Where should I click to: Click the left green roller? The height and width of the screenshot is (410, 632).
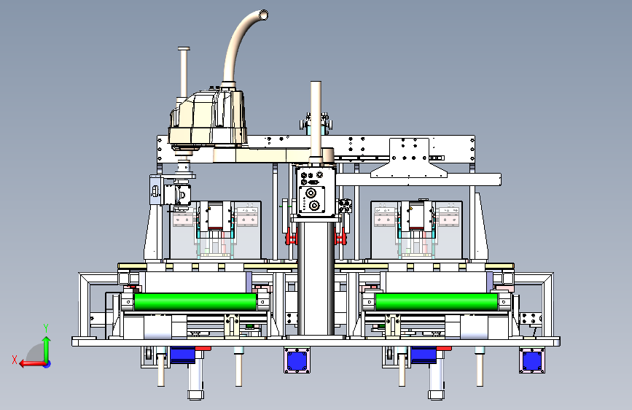click(x=195, y=302)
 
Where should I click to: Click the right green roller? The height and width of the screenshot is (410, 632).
click(x=437, y=302)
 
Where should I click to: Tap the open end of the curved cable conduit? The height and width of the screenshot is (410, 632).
click(x=263, y=15)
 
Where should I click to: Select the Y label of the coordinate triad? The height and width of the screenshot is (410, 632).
click(x=47, y=328)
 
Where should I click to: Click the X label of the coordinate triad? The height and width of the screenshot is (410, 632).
click(x=15, y=360)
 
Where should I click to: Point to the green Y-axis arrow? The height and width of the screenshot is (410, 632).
click(x=47, y=350)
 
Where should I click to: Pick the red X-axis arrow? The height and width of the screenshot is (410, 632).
click(x=33, y=364)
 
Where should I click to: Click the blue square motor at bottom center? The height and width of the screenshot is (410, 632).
click(x=297, y=360)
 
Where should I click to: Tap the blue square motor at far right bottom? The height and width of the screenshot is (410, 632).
click(x=531, y=360)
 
